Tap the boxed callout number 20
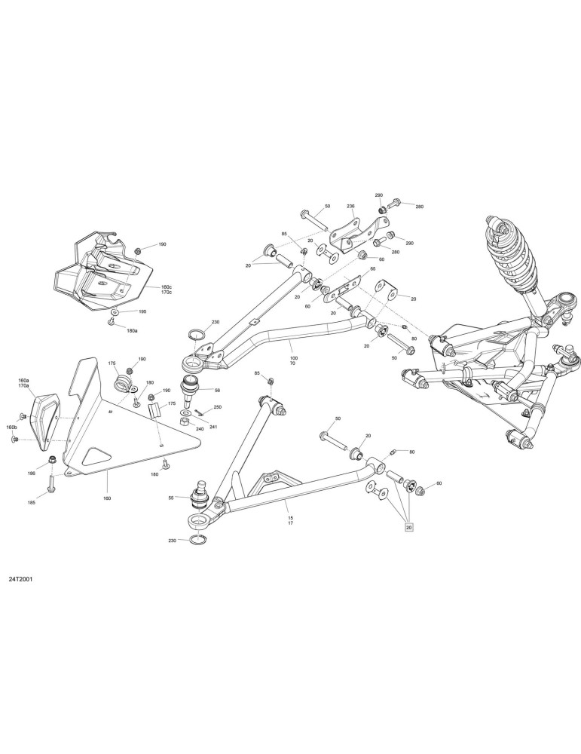tap(409, 528)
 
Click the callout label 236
tap(351, 207)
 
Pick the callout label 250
tap(218, 407)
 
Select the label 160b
tap(12, 428)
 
